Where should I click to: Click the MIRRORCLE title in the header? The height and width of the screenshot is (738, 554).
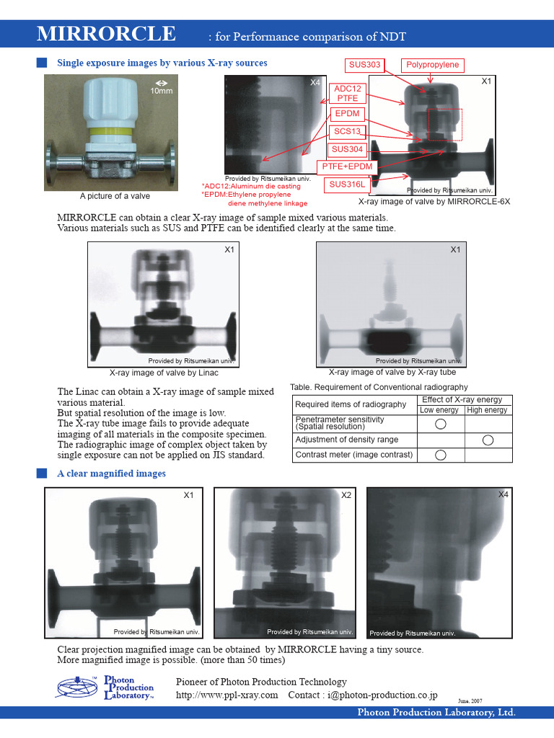[x=106, y=33]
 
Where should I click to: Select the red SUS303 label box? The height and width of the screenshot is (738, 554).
[x=365, y=65]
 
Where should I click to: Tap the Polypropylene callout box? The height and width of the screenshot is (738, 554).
[x=432, y=65]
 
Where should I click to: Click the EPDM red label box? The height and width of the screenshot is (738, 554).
[x=347, y=114]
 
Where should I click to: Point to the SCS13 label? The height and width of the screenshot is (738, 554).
[x=348, y=132]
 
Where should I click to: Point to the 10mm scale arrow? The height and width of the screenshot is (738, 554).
[x=162, y=83]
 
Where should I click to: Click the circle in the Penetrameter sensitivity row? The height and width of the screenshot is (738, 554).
[x=441, y=423]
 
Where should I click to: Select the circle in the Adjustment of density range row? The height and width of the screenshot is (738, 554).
[x=488, y=439]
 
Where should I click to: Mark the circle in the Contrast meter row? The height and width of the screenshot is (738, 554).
[x=441, y=455]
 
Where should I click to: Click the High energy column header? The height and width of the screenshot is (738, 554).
[x=487, y=410]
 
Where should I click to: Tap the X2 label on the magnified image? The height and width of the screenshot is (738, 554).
[x=346, y=495]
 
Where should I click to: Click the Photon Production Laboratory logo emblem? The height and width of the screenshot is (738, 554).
[x=77, y=688]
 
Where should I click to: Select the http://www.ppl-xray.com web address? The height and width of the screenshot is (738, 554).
[x=227, y=695]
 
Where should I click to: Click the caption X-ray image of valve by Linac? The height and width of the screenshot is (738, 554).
[x=164, y=373]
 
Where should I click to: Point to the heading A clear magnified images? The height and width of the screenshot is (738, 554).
[x=111, y=474]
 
